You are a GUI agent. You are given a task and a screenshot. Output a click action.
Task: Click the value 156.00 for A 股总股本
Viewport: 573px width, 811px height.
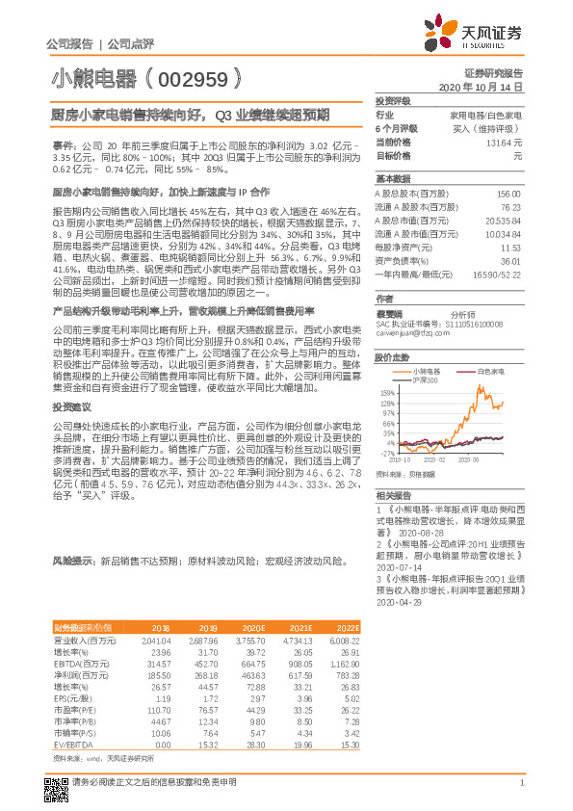point(508,193)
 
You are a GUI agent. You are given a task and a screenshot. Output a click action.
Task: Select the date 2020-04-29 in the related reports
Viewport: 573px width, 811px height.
point(396,602)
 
